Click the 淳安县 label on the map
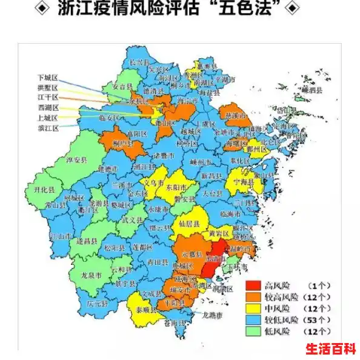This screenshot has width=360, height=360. click(x=76, y=161)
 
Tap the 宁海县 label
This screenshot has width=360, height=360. click(x=239, y=181)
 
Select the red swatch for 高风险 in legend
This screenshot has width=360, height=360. click(x=253, y=285)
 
